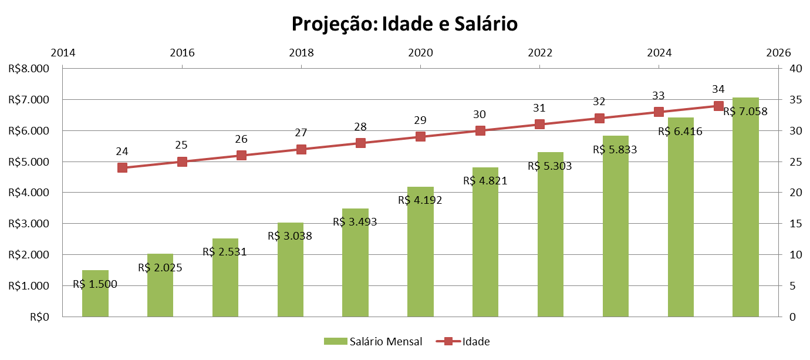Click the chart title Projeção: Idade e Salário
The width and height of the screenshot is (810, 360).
[405, 24]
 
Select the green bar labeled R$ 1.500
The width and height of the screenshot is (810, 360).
[95, 300]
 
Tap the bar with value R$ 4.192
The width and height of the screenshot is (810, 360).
[420, 258]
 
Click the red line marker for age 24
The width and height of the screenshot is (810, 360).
[122, 167]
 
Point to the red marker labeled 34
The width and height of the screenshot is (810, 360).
[718, 106]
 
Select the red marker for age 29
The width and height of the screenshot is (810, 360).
[420, 136]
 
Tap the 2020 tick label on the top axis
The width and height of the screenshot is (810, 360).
[420, 53]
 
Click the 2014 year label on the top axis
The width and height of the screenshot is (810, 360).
[63, 53]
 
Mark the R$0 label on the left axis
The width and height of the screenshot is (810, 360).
[39, 317]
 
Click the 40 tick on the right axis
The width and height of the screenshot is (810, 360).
[796, 69]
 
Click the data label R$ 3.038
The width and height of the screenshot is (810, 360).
[289, 236]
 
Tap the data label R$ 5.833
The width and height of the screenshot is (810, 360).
[615, 150]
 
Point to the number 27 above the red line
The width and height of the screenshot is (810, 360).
[301, 133]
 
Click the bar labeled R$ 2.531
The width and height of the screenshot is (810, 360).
[225, 282]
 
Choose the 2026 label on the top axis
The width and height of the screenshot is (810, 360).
[778, 53]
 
